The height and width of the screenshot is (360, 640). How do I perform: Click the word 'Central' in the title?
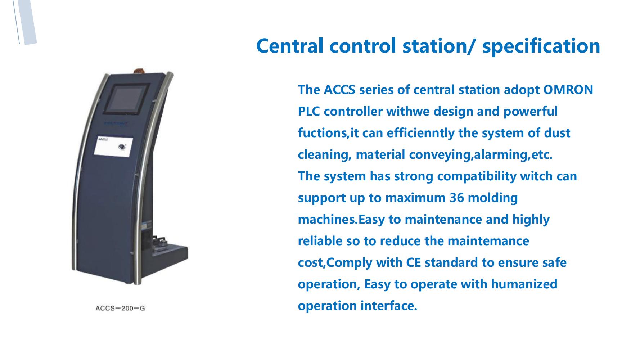point(290,46)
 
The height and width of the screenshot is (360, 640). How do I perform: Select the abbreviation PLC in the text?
point(309,111)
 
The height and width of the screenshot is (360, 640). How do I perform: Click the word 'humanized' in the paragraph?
point(524,284)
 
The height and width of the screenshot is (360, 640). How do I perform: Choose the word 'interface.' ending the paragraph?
point(389,306)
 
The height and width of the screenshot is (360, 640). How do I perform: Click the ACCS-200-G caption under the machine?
point(120,308)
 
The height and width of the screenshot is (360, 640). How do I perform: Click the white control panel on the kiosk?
point(113,147)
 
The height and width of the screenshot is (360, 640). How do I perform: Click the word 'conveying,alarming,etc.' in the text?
point(481,155)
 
